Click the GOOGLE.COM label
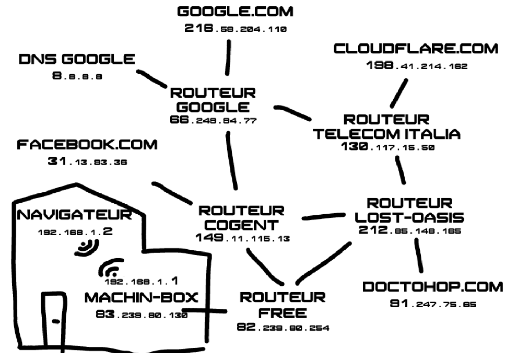point(235,11)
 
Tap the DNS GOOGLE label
point(77,59)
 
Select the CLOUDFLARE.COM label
point(416,49)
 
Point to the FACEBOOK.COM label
point(87,145)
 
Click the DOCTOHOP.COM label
point(432,287)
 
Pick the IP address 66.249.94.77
point(213,120)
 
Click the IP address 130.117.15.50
point(387,147)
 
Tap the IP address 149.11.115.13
point(242,238)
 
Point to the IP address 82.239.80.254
point(283,328)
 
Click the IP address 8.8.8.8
point(77,76)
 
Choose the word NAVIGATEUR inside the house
point(75,215)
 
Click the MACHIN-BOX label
point(141,298)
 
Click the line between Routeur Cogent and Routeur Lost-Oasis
point(324,216)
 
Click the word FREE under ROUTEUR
point(282,313)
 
